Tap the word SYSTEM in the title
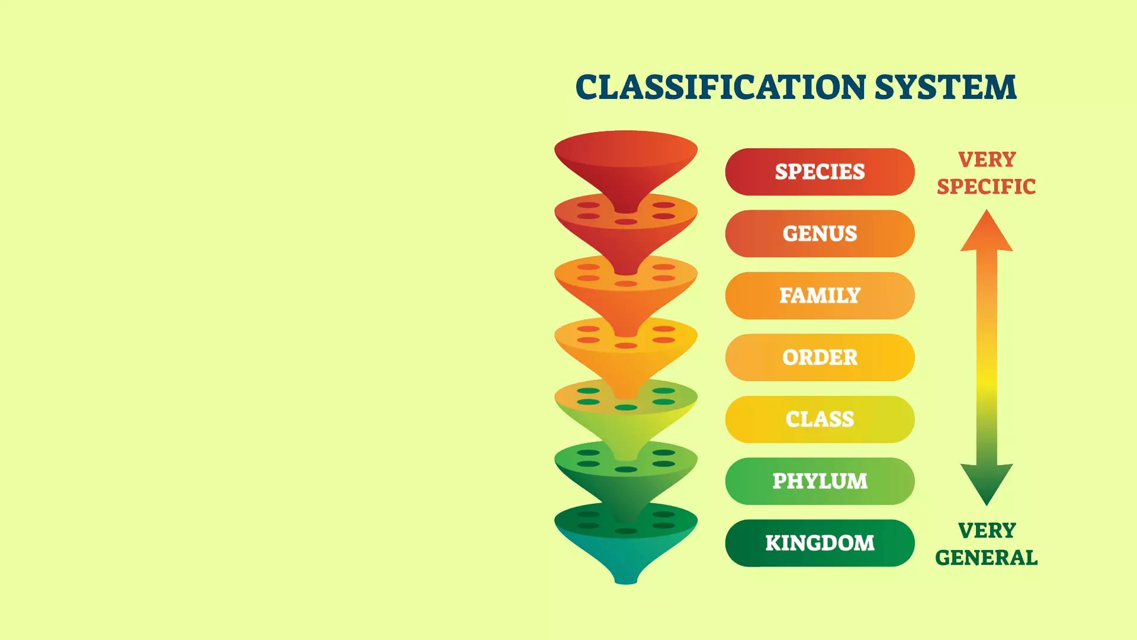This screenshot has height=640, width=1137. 946,87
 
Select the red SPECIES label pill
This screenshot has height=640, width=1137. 820,172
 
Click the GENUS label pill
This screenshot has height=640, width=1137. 820,233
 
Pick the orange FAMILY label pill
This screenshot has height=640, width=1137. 820,296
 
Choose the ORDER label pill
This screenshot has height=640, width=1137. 820,357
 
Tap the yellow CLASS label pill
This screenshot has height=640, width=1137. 820,420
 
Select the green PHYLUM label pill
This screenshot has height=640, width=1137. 820,481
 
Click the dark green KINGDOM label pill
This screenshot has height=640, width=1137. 820,543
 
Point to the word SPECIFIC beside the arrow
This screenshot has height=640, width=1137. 987,187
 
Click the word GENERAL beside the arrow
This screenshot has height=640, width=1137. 987,558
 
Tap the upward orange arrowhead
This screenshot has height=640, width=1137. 987,231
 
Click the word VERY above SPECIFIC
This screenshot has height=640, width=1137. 987,159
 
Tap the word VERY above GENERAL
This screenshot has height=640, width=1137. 987,530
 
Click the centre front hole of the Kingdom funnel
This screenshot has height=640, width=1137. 626,531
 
